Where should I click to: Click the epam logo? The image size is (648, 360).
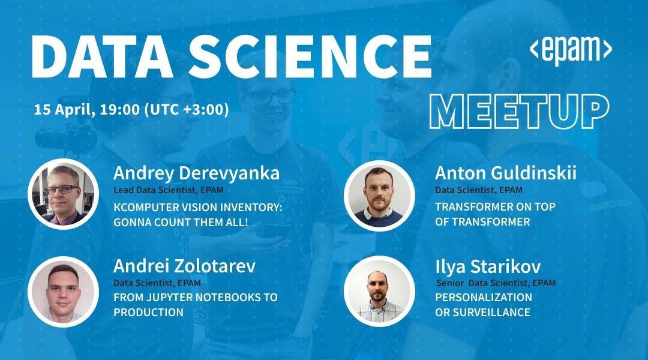tap(571, 50)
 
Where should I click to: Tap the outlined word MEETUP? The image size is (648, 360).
tap(520, 112)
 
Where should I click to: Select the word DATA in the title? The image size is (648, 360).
tap(102, 56)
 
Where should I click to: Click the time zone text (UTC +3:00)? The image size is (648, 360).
tap(187, 110)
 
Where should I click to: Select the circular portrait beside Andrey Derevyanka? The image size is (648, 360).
tap(63, 194)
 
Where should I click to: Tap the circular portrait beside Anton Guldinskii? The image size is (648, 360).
tap(379, 196)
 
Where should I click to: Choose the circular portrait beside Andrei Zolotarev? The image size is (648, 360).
tap(63, 292)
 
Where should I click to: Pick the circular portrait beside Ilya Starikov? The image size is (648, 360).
tap(379, 292)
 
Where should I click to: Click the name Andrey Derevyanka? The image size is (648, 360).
tap(196, 173)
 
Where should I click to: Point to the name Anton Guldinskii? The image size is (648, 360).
tap(505, 173)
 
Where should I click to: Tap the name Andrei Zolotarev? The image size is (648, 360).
tap(184, 266)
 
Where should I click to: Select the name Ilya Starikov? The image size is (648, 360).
tap(488, 267)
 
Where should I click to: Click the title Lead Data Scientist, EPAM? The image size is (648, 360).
tap(168, 190)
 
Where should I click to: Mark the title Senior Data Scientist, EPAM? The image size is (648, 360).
tap(496, 283)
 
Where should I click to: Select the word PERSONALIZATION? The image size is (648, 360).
tap(484, 297)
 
